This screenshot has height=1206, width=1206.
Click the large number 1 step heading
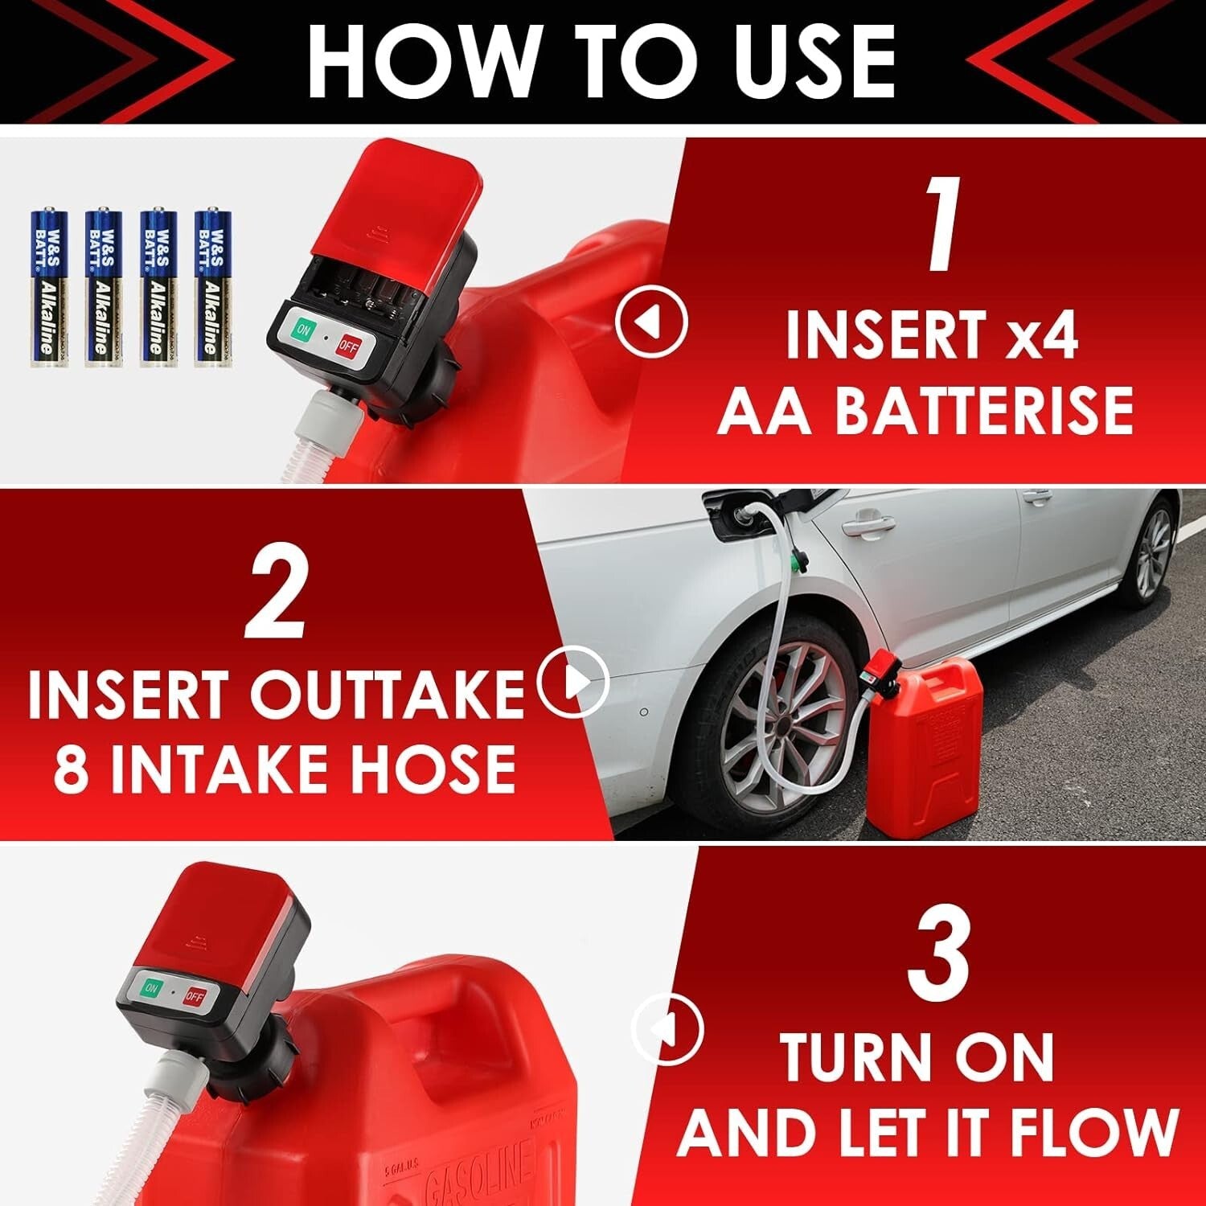pos(941,224)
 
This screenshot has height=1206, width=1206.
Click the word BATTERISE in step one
pos(982,411)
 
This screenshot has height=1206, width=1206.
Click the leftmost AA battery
pos(49,287)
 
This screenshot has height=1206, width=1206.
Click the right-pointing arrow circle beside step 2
pos(573,683)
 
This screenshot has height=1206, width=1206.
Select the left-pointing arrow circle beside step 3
pos(667,1029)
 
